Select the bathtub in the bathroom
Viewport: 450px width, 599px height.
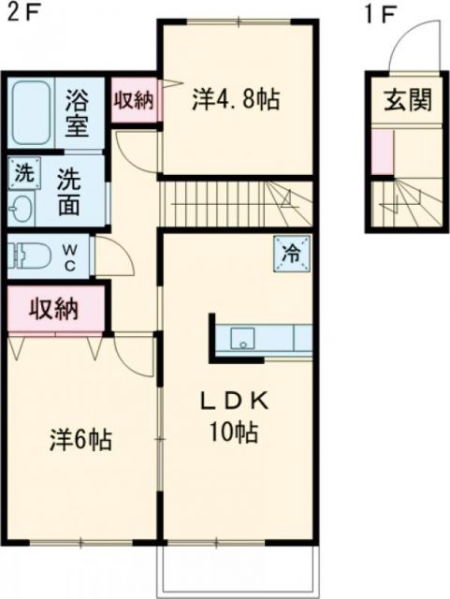pos(33,111)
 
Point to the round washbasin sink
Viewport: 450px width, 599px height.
pos(20,207)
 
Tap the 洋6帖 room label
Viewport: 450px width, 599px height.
pos(82,439)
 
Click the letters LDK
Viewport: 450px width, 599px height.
pos(235,401)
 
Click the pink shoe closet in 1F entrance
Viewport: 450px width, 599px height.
pos(382,153)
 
